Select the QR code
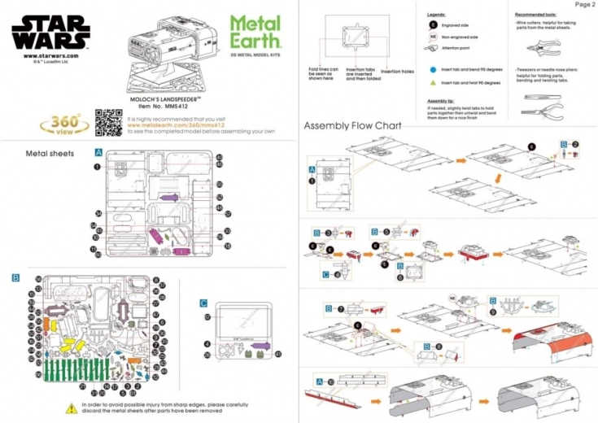point(107,122)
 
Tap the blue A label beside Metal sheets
point(98,152)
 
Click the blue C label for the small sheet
point(203,303)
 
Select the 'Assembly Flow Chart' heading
point(352,126)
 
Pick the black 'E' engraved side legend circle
point(433,24)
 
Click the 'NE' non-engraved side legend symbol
point(433,37)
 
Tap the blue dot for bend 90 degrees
point(433,70)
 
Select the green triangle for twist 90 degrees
point(433,82)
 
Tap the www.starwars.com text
point(51,55)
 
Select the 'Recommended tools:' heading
point(538,15)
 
